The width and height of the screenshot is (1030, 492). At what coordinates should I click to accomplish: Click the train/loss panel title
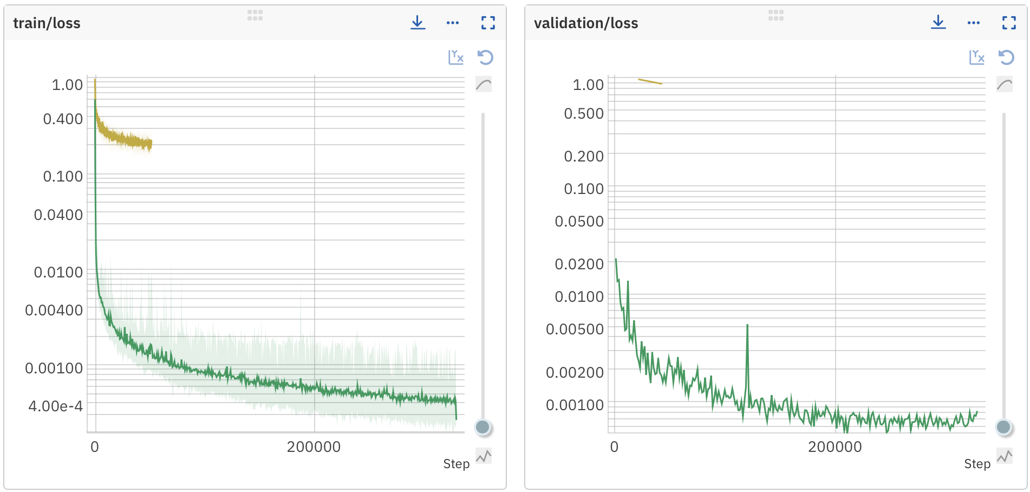point(47,23)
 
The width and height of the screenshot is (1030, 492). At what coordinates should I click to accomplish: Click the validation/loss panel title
point(586,23)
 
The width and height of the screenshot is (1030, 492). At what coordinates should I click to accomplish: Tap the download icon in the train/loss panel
point(418,23)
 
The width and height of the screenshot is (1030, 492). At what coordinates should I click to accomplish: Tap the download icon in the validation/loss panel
point(938,23)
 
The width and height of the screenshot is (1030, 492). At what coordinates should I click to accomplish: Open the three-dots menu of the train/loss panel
point(453,23)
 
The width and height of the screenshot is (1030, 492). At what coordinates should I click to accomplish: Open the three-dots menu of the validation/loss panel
point(974,23)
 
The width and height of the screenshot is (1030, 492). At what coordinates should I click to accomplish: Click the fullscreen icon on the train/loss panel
point(488,23)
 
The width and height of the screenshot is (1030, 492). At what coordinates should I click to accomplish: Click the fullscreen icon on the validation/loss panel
point(1009,23)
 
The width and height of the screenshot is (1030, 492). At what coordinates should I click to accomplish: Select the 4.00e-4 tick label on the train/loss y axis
point(56,406)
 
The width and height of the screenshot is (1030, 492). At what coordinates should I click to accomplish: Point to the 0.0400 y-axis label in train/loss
point(58,215)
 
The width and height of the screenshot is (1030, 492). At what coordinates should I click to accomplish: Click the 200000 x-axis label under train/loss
point(314,447)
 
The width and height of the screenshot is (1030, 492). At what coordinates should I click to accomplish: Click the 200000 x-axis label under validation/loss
point(835,447)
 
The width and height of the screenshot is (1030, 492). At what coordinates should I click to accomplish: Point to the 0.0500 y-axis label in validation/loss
point(579,222)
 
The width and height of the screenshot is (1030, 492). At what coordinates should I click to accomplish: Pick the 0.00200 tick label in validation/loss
point(575,373)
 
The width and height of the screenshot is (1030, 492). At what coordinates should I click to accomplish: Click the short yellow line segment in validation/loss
point(650,82)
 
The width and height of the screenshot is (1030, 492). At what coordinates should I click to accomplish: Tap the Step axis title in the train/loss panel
point(457,464)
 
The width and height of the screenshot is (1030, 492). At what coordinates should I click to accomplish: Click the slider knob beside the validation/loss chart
point(1003,427)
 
